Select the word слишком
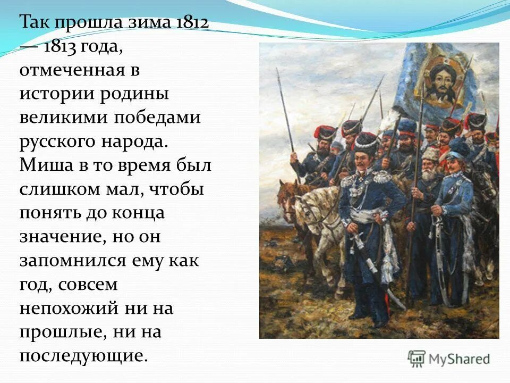click(x=63, y=189)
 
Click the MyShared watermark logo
click(x=448, y=359)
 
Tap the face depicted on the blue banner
click(x=439, y=85)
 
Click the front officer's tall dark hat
click(x=365, y=143)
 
